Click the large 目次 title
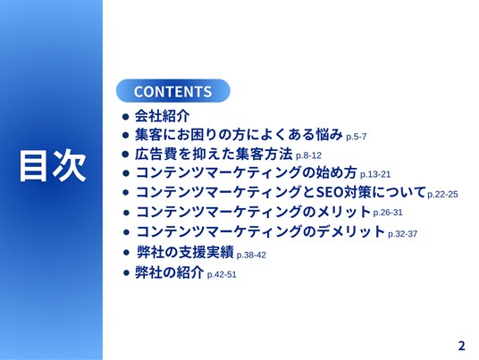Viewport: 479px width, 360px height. (53, 166)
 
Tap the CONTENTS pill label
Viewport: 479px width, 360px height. (172, 91)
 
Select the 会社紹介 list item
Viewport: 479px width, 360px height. (163, 116)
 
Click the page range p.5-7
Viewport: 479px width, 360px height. (357, 137)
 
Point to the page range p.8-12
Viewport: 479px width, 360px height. (308, 155)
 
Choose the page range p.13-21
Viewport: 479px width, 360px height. (375, 174)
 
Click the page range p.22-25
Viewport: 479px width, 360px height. (442, 194)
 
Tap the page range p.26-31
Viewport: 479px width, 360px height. (388, 213)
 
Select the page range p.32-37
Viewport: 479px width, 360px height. (403, 234)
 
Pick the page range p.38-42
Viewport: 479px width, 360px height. (251, 255)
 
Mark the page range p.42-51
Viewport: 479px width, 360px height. (222, 274)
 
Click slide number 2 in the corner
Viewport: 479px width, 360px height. (462, 346)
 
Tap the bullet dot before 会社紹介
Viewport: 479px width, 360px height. (125, 116)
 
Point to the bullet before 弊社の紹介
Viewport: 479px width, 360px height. (126, 272)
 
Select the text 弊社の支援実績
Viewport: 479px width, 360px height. (185, 252)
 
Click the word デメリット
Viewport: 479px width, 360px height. (350, 231)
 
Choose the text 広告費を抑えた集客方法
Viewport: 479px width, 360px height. (214, 154)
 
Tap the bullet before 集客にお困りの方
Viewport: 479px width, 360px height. (125, 135)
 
